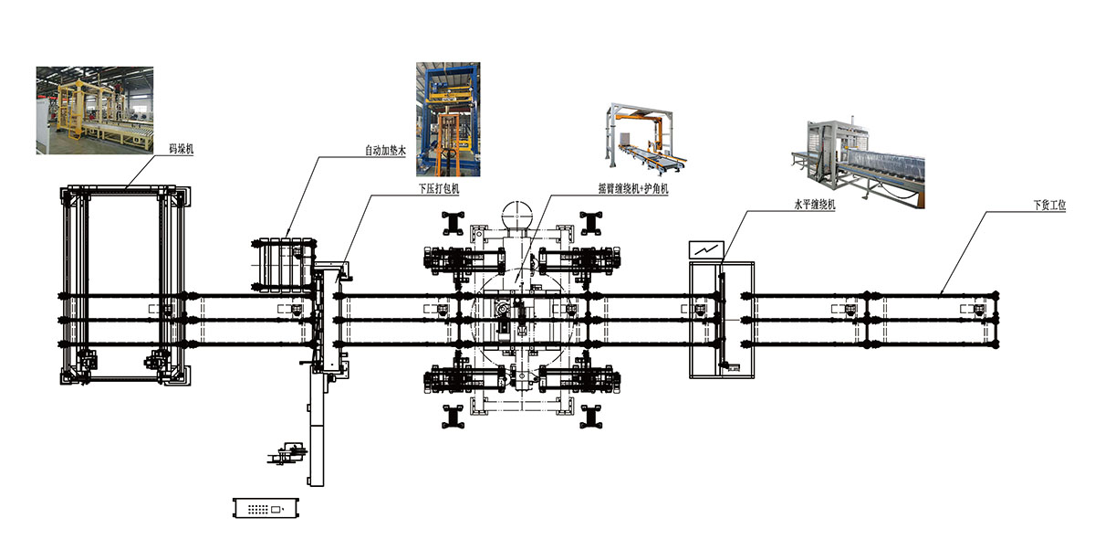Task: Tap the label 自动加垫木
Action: click(383, 152)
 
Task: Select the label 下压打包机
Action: click(438, 190)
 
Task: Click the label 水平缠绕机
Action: click(816, 206)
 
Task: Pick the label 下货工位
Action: click(1048, 206)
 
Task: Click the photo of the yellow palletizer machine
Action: click(95, 110)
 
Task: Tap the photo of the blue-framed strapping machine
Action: click(448, 119)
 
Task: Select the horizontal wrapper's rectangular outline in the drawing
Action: click(722, 319)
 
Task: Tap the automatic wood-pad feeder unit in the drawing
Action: click(283, 265)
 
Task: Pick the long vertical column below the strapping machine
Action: click(316, 429)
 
